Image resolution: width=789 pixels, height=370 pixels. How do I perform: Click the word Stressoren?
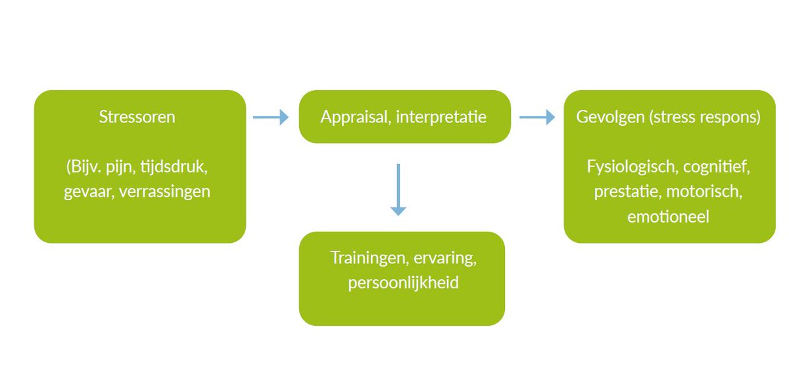[137, 117]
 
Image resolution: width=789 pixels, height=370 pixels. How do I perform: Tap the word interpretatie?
[441, 117]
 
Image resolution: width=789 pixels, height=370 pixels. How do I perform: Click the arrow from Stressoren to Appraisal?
[271, 117]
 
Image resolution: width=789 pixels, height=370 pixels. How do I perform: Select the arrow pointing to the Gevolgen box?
[537, 117]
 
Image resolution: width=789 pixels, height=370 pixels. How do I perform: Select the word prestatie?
[624, 192]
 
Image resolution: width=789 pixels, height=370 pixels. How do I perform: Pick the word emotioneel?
[668, 217]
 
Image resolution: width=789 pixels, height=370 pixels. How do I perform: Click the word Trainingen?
[366, 257]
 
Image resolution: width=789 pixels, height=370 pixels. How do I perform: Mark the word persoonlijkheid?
[403, 282]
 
